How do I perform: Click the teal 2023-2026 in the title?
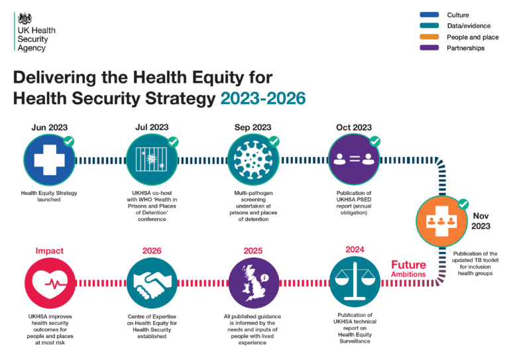coord(263,98)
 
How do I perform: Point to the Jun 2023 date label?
coord(49,127)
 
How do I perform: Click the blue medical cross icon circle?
coord(49,160)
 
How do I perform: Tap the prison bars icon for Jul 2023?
coord(152,160)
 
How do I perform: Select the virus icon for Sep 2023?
coord(253,160)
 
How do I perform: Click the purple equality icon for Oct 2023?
coord(354,160)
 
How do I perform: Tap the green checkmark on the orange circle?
coord(464,204)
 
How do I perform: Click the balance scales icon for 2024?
coord(354,282)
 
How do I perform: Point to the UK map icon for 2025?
coord(253,282)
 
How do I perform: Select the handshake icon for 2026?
coord(152,282)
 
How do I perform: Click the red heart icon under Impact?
coord(49,282)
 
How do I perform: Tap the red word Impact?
coord(49,251)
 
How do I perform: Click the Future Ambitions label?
coord(408,269)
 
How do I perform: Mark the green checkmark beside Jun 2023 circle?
coord(68,141)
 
